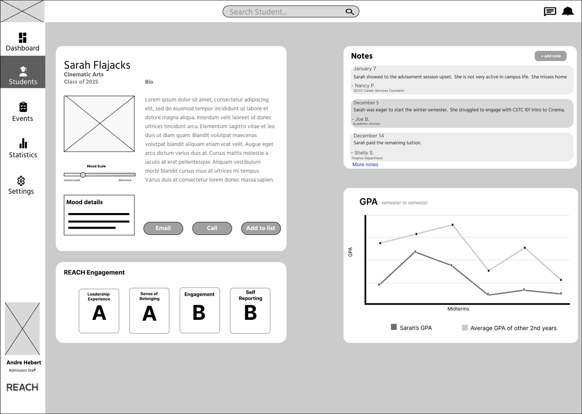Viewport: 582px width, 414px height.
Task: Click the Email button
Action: pyautogui.click(x=163, y=228)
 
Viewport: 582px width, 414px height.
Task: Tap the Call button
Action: pyautogui.click(x=212, y=228)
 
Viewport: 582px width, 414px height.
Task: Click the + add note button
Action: pyautogui.click(x=550, y=56)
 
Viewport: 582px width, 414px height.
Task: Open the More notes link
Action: pyautogui.click(x=365, y=165)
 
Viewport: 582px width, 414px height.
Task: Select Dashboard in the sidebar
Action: pyautogui.click(x=23, y=42)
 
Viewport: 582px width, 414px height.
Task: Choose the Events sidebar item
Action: pyautogui.click(x=23, y=112)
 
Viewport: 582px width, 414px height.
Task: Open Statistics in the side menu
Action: pyautogui.click(x=23, y=149)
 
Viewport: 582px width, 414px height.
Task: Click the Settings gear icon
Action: pyautogui.click(x=21, y=181)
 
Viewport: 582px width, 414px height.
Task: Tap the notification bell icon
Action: pyautogui.click(x=567, y=11)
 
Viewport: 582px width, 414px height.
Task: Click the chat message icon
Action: pyautogui.click(x=550, y=12)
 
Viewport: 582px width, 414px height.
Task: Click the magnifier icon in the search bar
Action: pyautogui.click(x=350, y=12)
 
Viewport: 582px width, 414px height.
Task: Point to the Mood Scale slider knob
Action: pyautogui.click(x=83, y=175)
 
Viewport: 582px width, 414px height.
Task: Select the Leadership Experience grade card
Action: pyautogui.click(x=99, y=311)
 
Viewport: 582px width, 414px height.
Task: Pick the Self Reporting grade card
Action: pyautogui.click(x=250, y=311)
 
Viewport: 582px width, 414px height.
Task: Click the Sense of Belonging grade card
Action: pyautogui.click(x=149, y=311)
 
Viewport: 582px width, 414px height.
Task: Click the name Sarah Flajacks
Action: pyautogui.click(x=97, y=65)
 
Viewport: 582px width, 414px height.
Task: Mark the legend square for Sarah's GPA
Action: pyautogui.click(x=394, y=327)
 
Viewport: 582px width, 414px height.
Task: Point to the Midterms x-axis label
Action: pyautogui.click(x=458, y=309)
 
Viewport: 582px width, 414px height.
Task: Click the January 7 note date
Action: pyautogui.click(x=365, y=69)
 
